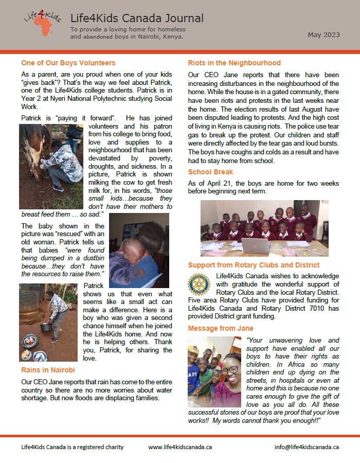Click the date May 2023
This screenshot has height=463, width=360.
pos(323,35)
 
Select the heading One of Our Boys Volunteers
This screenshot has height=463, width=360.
pos(68,63)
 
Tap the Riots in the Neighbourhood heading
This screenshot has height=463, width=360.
pos(234,63)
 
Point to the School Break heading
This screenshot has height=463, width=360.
pos(210,172)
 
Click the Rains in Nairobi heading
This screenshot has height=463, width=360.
pos(48,370)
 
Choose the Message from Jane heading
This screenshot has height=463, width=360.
pos(221,328)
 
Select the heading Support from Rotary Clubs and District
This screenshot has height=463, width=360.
pos(254,265)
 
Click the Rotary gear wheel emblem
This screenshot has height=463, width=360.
pos(199,284)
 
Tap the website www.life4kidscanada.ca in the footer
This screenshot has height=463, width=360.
pos(180,447)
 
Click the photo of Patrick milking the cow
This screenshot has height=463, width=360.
pos(51,166)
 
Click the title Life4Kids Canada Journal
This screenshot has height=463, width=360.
pos(137,19)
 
